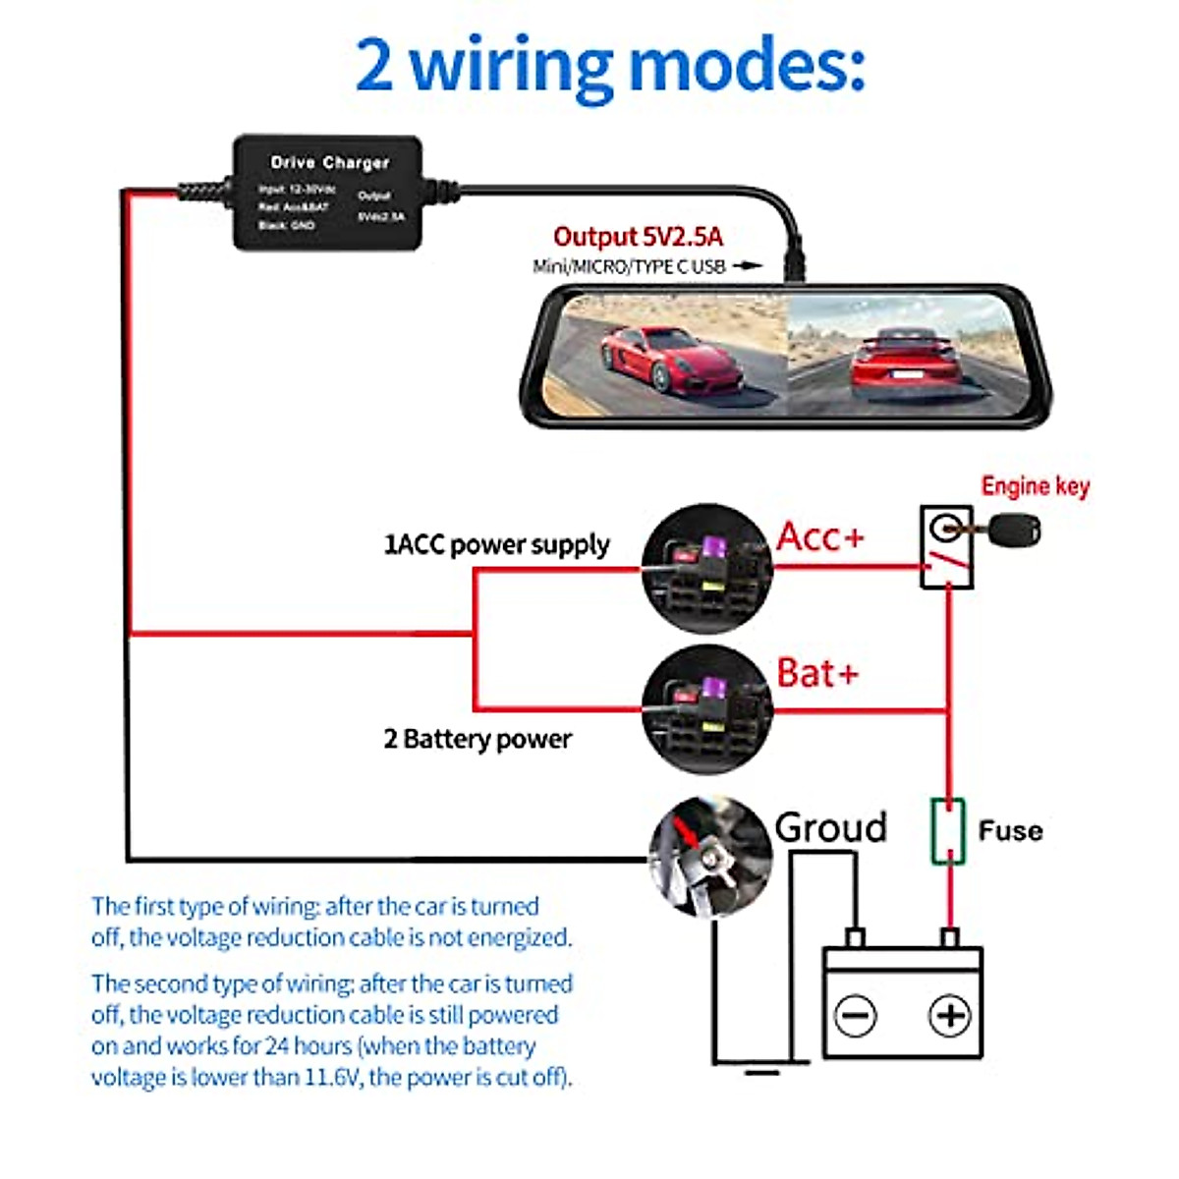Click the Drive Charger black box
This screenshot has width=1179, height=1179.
[x=327, y=193]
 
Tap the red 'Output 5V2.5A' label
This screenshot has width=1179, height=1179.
[x=638, y=237]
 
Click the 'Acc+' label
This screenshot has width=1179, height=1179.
[x=820, y=537]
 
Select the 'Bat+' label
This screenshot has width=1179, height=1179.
[x=817, y=673]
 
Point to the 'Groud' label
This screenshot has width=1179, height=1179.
[x=830, y=827]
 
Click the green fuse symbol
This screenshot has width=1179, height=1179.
[x=948, y=831]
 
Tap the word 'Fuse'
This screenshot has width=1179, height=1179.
[x=1010, y=831]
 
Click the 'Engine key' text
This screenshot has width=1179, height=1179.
[x=1035, y=486]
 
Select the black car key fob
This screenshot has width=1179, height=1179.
[x=1014, y=532]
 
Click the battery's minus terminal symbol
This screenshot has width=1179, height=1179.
[x=855, y=1015]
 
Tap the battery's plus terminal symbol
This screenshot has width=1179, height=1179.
[x=949, y=1015]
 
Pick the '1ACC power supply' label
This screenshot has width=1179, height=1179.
[x=496, y=544]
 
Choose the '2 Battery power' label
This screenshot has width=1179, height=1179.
[x=477, y=739]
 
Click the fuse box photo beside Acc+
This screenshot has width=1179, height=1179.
[x=705, y=569]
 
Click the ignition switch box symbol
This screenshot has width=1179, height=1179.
[x=946, y=547]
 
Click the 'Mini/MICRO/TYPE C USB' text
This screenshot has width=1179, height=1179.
[x=629, y=266]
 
